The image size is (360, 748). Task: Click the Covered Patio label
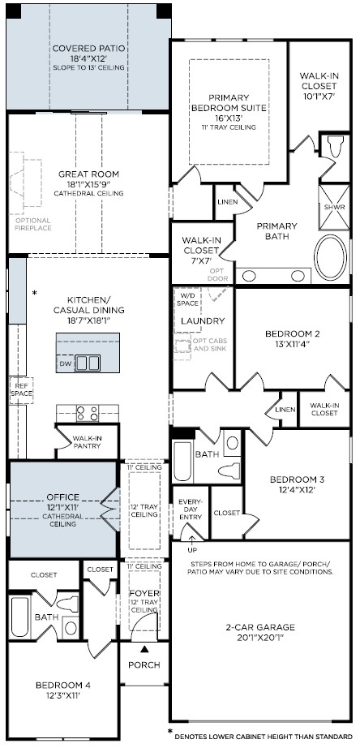[88, 48]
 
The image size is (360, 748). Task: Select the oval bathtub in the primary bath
[331, 258]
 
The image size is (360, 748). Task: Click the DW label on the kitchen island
[66, 363]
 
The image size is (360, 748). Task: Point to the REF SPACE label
[21, 389]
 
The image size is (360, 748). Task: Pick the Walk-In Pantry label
[87, 442]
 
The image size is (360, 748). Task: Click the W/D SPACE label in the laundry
[187, 299]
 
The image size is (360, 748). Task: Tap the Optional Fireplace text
[33, 224]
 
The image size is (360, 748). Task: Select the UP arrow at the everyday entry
[191, 539]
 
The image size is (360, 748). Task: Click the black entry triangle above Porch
[144, 649]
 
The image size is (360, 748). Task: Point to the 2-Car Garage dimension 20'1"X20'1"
[260, 636]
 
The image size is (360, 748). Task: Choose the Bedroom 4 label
[63, 686]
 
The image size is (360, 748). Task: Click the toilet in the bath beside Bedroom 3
[229, 471]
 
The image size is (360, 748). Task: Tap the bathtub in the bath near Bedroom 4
[19, 616]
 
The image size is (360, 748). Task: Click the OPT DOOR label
[218, 275]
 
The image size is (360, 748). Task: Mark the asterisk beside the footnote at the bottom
[169, 732]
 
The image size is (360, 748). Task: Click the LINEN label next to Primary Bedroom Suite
[228, 202]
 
